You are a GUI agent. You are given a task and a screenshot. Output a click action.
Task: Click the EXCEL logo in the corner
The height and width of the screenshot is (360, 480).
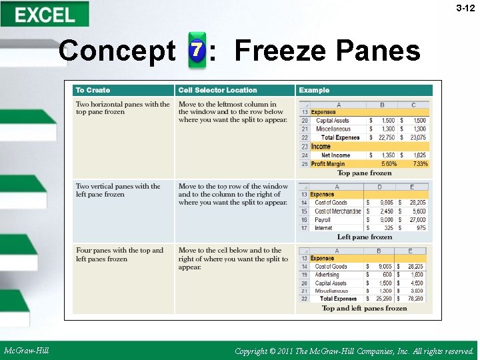click(45, 15)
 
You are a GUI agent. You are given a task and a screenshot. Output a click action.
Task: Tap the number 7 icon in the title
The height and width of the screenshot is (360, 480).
click(197, 51)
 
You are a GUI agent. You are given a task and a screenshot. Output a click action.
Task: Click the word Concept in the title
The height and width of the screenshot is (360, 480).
click(117, 51)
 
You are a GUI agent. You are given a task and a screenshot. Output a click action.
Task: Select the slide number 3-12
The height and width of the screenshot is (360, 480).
click(465, 9)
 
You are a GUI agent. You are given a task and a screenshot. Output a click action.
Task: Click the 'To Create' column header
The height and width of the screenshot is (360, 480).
click(93, 90)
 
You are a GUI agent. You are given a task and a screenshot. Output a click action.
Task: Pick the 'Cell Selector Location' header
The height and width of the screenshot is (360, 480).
click(217, 90)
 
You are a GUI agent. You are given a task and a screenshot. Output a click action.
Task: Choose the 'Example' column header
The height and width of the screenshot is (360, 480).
click(314, 90)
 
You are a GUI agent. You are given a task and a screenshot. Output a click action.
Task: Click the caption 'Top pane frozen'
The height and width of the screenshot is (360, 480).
click(364, 173)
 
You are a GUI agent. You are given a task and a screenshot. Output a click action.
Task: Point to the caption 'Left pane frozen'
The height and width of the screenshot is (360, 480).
click(364, 237)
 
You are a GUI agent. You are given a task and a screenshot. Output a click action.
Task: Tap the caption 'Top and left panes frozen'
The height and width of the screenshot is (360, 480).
click(364, 308)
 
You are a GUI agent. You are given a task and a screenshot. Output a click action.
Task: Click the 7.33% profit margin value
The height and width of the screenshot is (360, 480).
click(420, 163)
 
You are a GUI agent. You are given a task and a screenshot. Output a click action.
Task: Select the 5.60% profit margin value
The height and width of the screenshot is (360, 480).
click(389, 163)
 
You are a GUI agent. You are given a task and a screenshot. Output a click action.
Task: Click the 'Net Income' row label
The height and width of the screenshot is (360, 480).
click(335, 155)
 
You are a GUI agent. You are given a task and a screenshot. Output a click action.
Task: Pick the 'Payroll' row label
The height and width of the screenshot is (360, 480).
click(323, 219)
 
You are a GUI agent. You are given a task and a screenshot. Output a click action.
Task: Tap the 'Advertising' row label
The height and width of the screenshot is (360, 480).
click(327, 275)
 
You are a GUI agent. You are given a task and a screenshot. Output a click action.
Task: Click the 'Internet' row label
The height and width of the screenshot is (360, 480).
click(323, 228)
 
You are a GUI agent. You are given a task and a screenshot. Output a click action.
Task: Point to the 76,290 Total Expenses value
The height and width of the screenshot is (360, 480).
click(416, 299)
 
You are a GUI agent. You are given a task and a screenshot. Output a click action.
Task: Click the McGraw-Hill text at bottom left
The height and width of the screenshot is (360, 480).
click(26, 351)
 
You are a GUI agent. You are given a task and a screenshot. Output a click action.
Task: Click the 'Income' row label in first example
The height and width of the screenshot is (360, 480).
click(321, 147)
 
